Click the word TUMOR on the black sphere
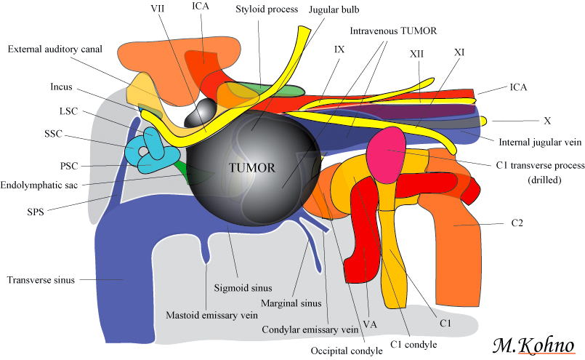coord(251,168)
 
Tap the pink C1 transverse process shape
coord(385,149)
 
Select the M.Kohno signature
coord(533,344)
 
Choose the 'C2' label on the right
coord(496,225)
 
